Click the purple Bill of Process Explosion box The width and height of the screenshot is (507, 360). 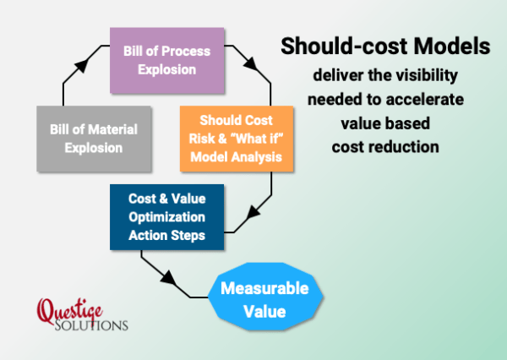tap(166, 61)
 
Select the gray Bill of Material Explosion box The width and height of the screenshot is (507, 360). tap(94, 139)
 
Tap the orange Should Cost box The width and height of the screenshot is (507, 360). tap(237, 139)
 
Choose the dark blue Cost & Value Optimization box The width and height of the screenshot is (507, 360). tap(166, 217)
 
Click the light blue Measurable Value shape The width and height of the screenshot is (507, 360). tap(265, 297)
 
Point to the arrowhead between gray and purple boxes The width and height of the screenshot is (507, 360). tap(82, 65)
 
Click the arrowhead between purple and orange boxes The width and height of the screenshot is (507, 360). tap(251, 63)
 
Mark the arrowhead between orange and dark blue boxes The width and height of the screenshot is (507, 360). tap(253, 213)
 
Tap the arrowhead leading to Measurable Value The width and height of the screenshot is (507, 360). tap(168, 278)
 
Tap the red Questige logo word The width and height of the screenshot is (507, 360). tap(70, 311)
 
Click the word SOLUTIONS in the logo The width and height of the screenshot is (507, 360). tap(91, 325)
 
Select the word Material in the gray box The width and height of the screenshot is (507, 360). tap(113, 129)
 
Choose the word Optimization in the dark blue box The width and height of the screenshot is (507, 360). tap(166, 217)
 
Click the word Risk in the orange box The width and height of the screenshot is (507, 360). tap(202, 139)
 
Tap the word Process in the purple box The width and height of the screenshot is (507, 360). tap(186, 51)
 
